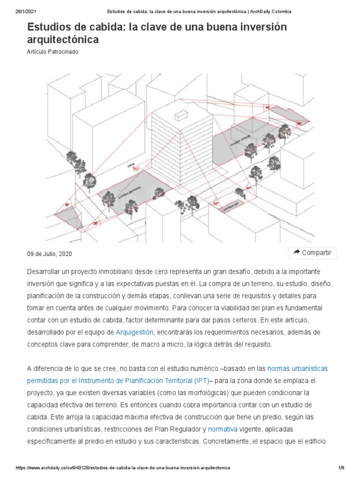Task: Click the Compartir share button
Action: [x=312, y=253]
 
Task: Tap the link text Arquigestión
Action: [x=135, y=332]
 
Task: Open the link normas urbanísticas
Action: [x=297, y=368]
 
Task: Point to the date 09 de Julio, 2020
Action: [x=50, y=254]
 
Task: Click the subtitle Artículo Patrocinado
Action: [x=52, y=52]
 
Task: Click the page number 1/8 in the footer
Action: [x=341, y=468]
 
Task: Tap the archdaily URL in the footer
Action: [x=123, y=468]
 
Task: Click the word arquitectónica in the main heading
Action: [x=63, y=40]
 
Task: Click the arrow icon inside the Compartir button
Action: [x=296, y=253]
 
